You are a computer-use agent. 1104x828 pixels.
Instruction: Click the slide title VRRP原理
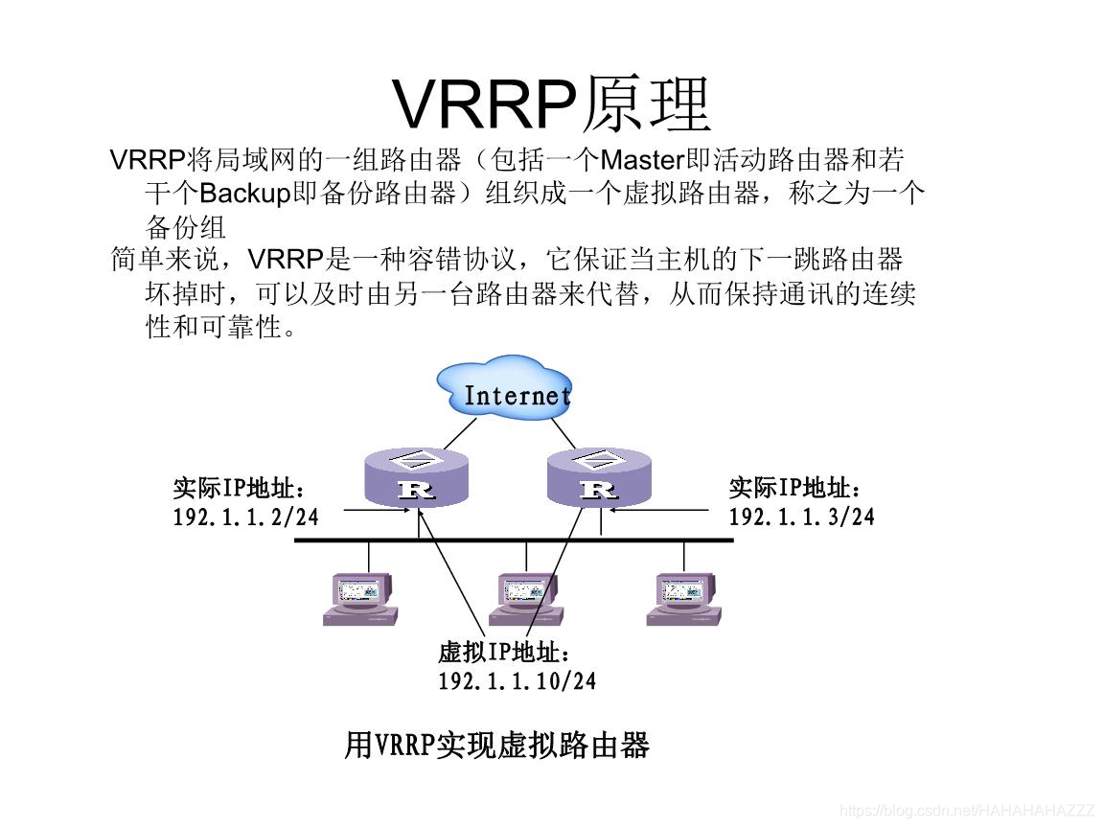(x=552, y=103)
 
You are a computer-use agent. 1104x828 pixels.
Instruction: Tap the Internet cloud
(x=505, y=390)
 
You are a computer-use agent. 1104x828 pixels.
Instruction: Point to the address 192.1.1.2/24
(x=245, y=517)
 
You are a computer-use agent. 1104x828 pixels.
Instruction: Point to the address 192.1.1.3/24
(x=801, y=517)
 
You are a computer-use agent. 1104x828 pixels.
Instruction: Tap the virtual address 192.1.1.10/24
(x=517, y=681)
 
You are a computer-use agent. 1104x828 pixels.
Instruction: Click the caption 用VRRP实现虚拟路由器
(x=496, y=745)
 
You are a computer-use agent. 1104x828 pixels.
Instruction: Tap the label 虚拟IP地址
(x=504, y=653)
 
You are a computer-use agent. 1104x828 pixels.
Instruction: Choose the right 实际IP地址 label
(x=795, y=488)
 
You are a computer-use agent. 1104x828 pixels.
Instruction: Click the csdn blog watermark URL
(x=968, y=811)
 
